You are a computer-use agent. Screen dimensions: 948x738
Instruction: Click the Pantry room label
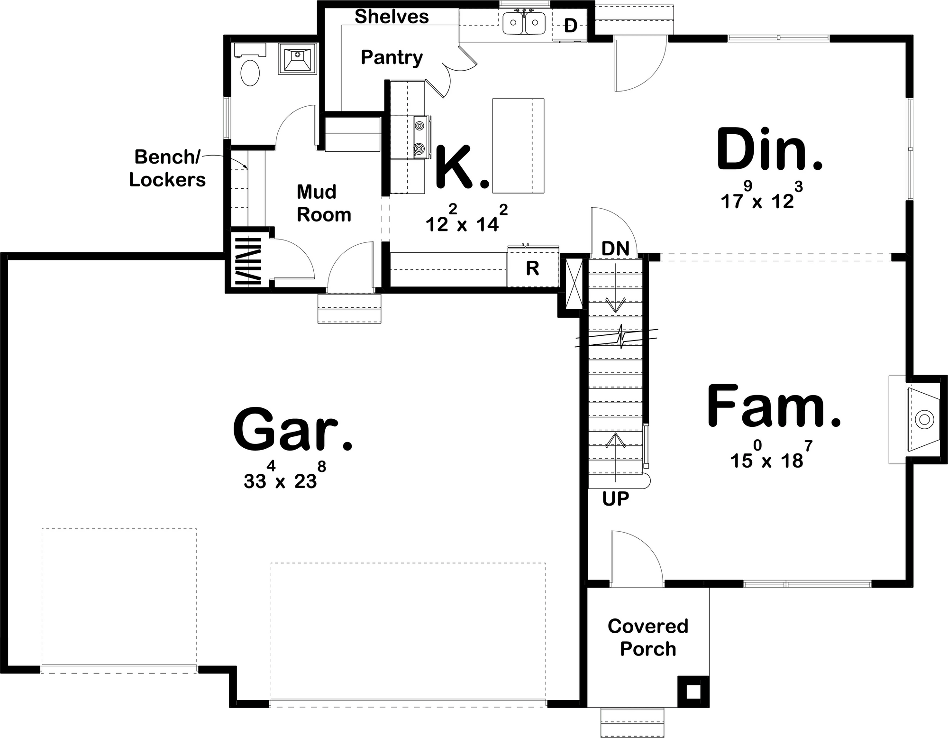pyautogui.click(x=392, y=58)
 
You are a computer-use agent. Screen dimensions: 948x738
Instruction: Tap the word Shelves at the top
pyautogui.click(x=392, y=17)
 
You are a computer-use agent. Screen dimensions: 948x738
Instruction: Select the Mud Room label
pyautogui.click(x=324, y=203)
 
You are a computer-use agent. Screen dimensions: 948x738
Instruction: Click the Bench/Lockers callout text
pyautogui.click(x=167, y=168)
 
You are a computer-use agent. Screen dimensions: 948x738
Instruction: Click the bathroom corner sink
pyautogui.click(x=297, y=58)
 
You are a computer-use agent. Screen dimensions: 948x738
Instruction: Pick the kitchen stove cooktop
pyautogui.click(x=420, y=138)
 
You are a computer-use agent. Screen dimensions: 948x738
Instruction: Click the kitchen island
pyautogui.click(x=518, y=146)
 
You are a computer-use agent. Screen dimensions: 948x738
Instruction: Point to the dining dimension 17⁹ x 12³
pyautogui.click(x=762, y=196)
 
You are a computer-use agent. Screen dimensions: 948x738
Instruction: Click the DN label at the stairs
pyautogui.click(x=615, y=249)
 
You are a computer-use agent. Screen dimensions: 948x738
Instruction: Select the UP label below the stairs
pyautogui.click(x=615, y=498)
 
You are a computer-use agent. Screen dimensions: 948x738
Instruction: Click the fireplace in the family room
pyautogui.click(x=918, y=419)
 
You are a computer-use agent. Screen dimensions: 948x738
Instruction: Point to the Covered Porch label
pyautogui.click(x=648, y=637)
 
